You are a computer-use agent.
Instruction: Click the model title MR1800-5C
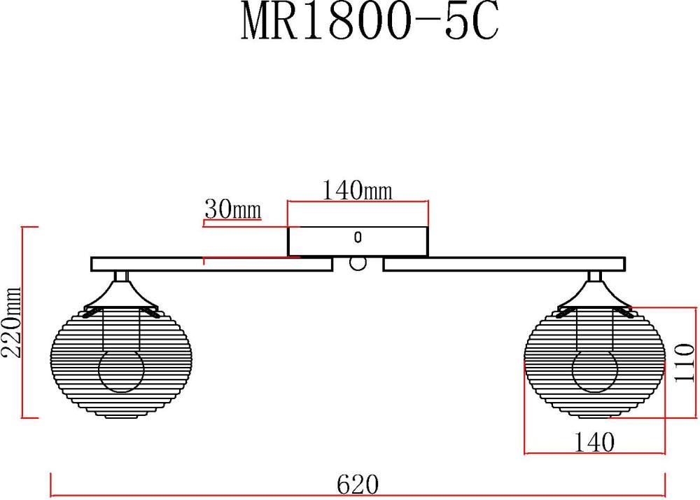pos(369,24)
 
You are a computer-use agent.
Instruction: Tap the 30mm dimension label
pos(232,209)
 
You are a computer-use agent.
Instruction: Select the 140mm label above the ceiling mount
pos(357,190)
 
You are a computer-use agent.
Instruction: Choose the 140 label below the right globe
pos(594,443)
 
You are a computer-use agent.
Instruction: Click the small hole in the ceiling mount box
pos(358,237)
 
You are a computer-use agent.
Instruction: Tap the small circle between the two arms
pos(358,263)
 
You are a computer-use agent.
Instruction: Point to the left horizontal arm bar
pos(211,264)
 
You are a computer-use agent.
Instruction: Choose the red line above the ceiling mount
pos(357,202)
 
